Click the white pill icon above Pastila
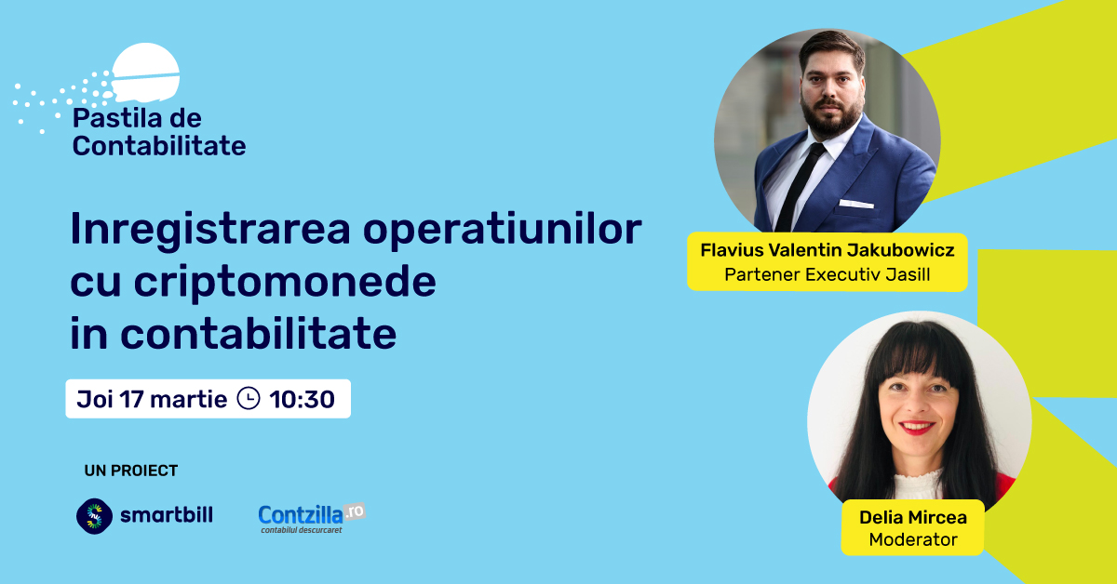(x=145, y=73)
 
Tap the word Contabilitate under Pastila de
(x=159, y=146)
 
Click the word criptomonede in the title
(x=285, y=283)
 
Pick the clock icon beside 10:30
(x=249, y=399)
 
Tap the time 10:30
(x=303, y=399)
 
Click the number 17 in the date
(x=131, y=399)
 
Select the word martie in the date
(x=188, y=399)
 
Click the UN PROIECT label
(x=131, y=471)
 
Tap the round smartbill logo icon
(x=94, y=516)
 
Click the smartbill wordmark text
(x=167, y=515)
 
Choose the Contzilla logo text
(x=301, y=515)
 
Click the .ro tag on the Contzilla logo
(x=355, y=511)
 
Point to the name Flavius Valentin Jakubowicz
(x=828, y=250)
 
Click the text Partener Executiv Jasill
(x=828, y=274)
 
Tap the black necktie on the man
(x=800, y=187)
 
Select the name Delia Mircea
(x=913, y=517)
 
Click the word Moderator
(x=913, y=539)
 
